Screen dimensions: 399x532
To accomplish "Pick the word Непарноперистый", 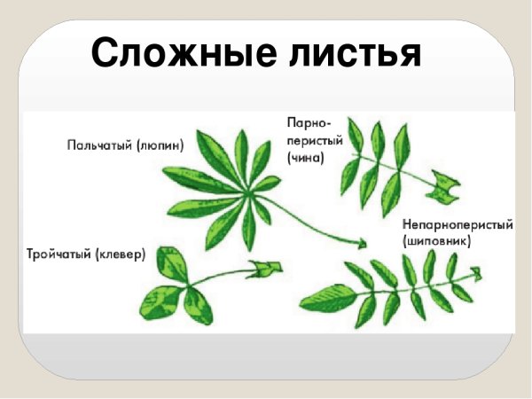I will click(458, 223).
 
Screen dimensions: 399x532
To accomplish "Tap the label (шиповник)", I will click(435, 239).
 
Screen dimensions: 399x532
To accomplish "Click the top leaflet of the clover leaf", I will click(169, 263).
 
